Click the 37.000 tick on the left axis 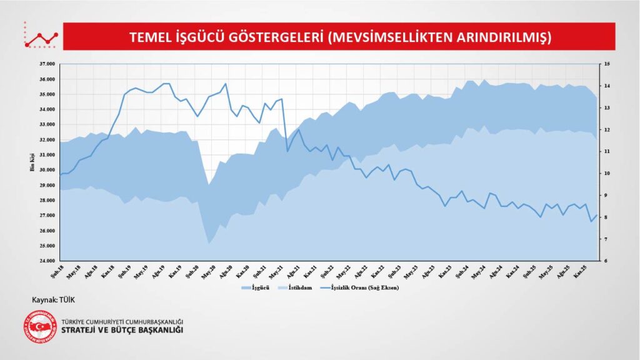[47, 64]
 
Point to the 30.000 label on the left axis [47, 170]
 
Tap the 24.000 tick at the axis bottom [47, 261]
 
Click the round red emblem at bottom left [39, 326]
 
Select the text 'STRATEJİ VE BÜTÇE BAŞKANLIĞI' [122, 330]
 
